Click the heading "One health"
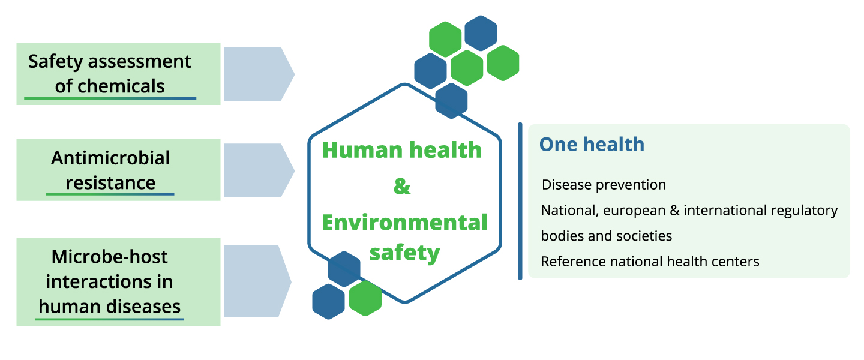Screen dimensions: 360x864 pyautogui.click(x=592, y=145)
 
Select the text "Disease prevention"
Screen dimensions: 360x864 pyautogui.click(x=604, y=184)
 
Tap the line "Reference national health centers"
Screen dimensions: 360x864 pyautogui.click(x=650, y=262)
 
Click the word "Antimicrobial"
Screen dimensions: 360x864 pyautogui.click(x=110, y=158)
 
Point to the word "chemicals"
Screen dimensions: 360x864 pyautogui.click(x=110, y=86)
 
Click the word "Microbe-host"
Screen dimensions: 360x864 pyautogui.click(x=110, y=257)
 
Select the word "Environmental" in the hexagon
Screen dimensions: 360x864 pyautogui.click(x=405, y=223)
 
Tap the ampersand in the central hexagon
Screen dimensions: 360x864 pyautogui.click(x=402, y=187)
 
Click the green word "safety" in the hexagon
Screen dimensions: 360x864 pyautogui.click(x=404, y=253)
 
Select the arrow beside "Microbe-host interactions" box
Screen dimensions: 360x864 pyautogui.click(x=256, y=281)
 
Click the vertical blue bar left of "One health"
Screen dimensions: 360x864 pyautogui.click(x=520, y=201)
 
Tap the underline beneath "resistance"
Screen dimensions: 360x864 pyautogui.click(x=110, y=194)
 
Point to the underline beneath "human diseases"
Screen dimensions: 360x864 pyautogui.click(x=109, y=319)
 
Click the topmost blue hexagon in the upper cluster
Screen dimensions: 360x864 pyautogui.click(x=481, y=33)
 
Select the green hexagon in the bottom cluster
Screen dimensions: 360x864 pyautogui.click(x=365, y=298)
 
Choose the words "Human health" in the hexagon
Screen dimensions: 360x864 pyautogui.click(x=402, y=150)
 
